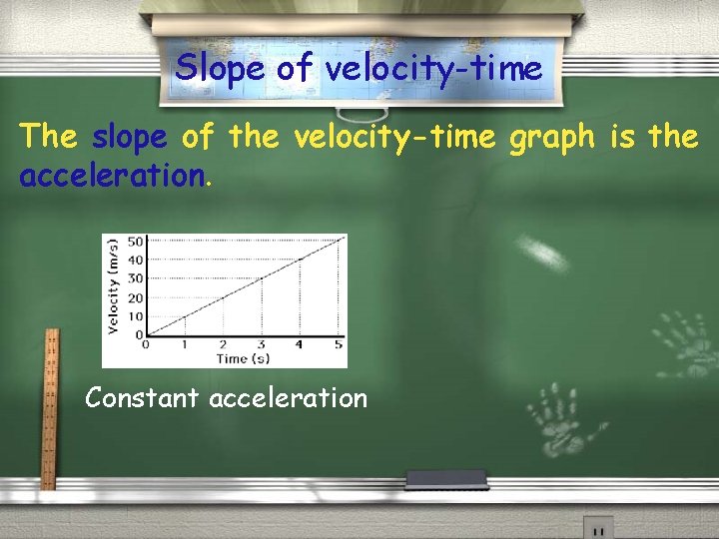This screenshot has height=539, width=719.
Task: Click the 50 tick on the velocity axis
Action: tap(135, 241)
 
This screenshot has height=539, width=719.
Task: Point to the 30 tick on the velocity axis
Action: tap(135, 278)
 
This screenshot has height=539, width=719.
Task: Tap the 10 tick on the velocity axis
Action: tap(135, 316)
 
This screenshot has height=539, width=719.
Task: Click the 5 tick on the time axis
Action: tap(339, 345)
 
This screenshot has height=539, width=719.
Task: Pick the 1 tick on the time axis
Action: tap(184, 345)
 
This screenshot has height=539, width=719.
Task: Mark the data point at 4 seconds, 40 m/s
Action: tap(300, 259)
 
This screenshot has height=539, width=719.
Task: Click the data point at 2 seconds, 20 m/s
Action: tap(222, 297)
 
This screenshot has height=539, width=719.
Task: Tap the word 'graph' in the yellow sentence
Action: tap(551, 137)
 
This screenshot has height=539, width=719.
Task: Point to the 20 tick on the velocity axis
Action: tap(135, 297)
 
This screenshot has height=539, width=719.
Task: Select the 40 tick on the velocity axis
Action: tap(135, 260)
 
